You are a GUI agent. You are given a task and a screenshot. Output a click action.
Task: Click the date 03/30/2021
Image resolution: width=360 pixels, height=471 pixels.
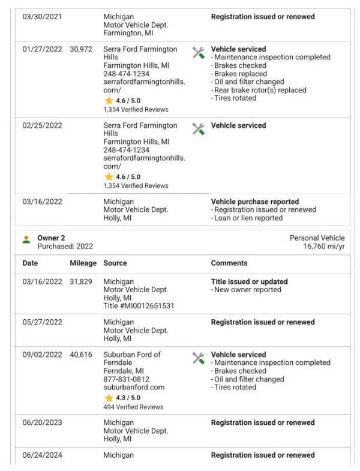(42, 17)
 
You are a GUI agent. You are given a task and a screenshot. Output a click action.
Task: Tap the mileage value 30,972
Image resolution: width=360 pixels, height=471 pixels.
(81, 49)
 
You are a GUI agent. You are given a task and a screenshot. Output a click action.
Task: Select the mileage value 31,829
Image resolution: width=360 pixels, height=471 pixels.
(81, 281)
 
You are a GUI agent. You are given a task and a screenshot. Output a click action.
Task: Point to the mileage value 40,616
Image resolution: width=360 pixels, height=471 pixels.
(81, 355)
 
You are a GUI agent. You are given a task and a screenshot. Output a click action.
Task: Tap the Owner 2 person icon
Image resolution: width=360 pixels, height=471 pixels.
(26, 239)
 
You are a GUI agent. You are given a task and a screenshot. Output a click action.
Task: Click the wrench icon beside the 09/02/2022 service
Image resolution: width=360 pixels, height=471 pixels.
(198, 358)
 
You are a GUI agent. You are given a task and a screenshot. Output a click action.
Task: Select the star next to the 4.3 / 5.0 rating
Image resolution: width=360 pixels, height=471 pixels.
(109, 398)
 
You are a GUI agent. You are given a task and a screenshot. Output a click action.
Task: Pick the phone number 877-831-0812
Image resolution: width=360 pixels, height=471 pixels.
(127, 379)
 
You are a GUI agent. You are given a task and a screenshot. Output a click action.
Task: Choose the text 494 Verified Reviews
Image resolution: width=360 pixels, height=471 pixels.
(133, 407)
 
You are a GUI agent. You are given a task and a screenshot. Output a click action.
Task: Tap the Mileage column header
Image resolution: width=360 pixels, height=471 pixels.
(83, 263)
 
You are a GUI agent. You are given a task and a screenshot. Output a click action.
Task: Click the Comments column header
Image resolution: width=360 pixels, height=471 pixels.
(229, 263)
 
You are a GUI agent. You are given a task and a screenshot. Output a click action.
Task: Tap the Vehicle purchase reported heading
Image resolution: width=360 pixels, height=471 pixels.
(254, 202)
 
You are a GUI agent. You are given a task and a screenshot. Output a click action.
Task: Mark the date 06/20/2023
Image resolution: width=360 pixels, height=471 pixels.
(42, 422)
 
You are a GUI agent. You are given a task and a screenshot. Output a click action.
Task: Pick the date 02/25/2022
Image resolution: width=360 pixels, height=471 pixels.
(42, 125)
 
